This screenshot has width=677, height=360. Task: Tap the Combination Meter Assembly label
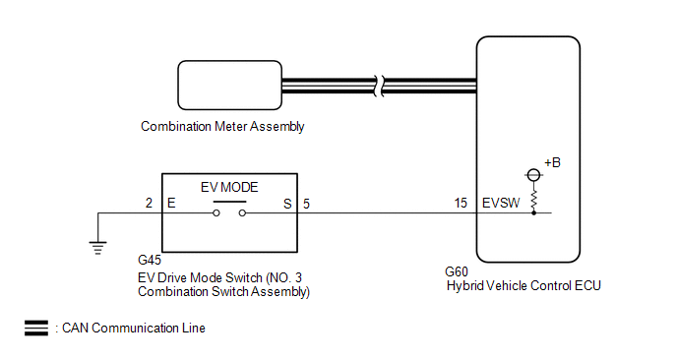point(222,127)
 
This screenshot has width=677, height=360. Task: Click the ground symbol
point(98,248)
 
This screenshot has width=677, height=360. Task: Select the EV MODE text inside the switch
point(229,187)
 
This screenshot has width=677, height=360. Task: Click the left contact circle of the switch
point(216,213)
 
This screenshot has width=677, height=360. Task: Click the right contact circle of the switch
point(243,213)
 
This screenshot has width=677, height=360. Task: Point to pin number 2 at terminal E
point(149,203)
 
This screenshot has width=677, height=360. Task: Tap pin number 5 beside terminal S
point(306,204)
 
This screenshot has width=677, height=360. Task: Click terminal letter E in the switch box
point(171,203)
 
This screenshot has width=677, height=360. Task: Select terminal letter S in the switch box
point(287,204)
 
